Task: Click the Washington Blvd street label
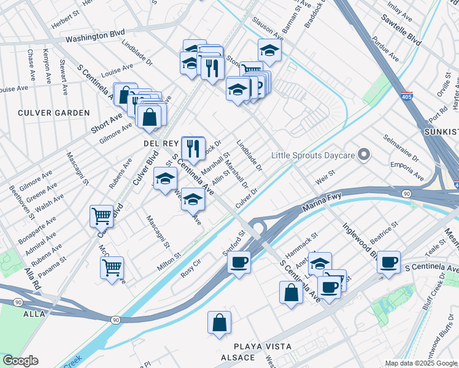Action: pyautogui.click(x=95, y=37)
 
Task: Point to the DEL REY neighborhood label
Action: pyautogui.click(x=161, y=143)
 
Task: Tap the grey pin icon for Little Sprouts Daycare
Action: pyautogui.click(x=364, y=155)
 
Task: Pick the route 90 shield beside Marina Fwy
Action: pyautogui.click(x=407, y=194)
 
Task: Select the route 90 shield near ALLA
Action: pyautogui.click(x=115, y=320)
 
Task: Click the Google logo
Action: pyautogui.click(x=20, y=361)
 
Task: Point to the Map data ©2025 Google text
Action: pyautogui.click(x=420, y=363)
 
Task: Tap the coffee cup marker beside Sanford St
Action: pyautogui.click(x=239, y=262)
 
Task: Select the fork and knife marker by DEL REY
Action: pyautogui.click(x=193, y=147)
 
